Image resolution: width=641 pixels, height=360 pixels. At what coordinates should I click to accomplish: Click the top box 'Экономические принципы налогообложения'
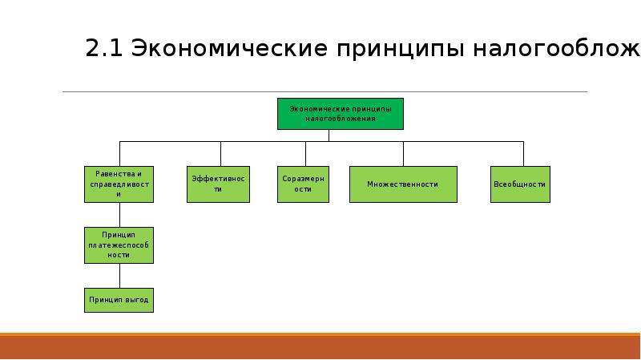pyautogui.click(x=341, y=113)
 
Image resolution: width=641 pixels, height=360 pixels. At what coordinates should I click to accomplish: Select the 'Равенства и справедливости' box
pyautogui.click(x=119, y=184)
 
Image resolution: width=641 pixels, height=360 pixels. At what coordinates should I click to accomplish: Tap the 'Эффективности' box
pyautogui.click(x=218, y=184)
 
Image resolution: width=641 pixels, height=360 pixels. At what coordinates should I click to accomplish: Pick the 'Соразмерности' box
pyautogui.click(x=303, y=184)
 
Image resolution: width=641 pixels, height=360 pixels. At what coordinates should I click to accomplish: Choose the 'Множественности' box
pyautogui.click(x=403, y=184)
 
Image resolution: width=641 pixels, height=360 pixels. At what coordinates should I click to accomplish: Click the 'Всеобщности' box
pyautogui.click(x=519, y=184)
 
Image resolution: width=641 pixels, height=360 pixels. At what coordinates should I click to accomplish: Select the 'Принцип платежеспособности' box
pyautogui.click(x=119, y=244)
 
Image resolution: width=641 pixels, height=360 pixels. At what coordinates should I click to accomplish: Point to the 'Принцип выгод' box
pyautogui.click(x=119, y=300)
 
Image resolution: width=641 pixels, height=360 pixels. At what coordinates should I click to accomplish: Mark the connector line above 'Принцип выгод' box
pyautogui.click(x=119, y=274)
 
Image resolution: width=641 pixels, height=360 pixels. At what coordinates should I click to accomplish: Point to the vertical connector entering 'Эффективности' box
pyautogui.click(x=221, y=154)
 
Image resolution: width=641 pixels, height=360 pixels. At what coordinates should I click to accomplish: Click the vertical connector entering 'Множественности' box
pyautogui.click(x=404, y=154)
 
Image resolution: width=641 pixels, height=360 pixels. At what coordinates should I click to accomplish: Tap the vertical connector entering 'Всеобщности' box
pyautogui.click(x=523, y=154)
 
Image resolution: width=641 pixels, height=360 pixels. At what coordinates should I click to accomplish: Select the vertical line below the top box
pyautogui.click(x=329, y=135)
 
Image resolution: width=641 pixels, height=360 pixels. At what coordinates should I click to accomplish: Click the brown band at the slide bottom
pyautogui.click(x=320, y=347)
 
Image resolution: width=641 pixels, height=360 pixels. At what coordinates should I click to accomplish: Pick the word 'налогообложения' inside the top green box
pyautogui.click(x=341, y=118)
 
